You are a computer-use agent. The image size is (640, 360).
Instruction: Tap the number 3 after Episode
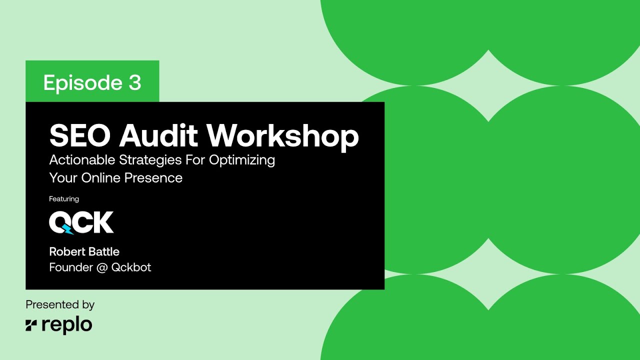[134, 82]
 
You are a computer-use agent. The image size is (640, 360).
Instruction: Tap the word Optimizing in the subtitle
[242, 160]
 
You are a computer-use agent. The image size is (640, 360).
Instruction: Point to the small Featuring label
[64, 199]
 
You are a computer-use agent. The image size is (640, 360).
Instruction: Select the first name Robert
[67, 251]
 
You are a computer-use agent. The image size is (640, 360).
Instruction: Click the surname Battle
[103, 251]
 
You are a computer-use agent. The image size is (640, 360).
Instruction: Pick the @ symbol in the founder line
[102, 267]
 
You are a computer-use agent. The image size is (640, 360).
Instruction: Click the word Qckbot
[131, 267]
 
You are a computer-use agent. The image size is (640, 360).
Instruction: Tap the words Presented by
[60, 304]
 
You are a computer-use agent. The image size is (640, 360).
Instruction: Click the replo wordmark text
[67, 325]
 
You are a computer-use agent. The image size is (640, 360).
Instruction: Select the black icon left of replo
[31, 325]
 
